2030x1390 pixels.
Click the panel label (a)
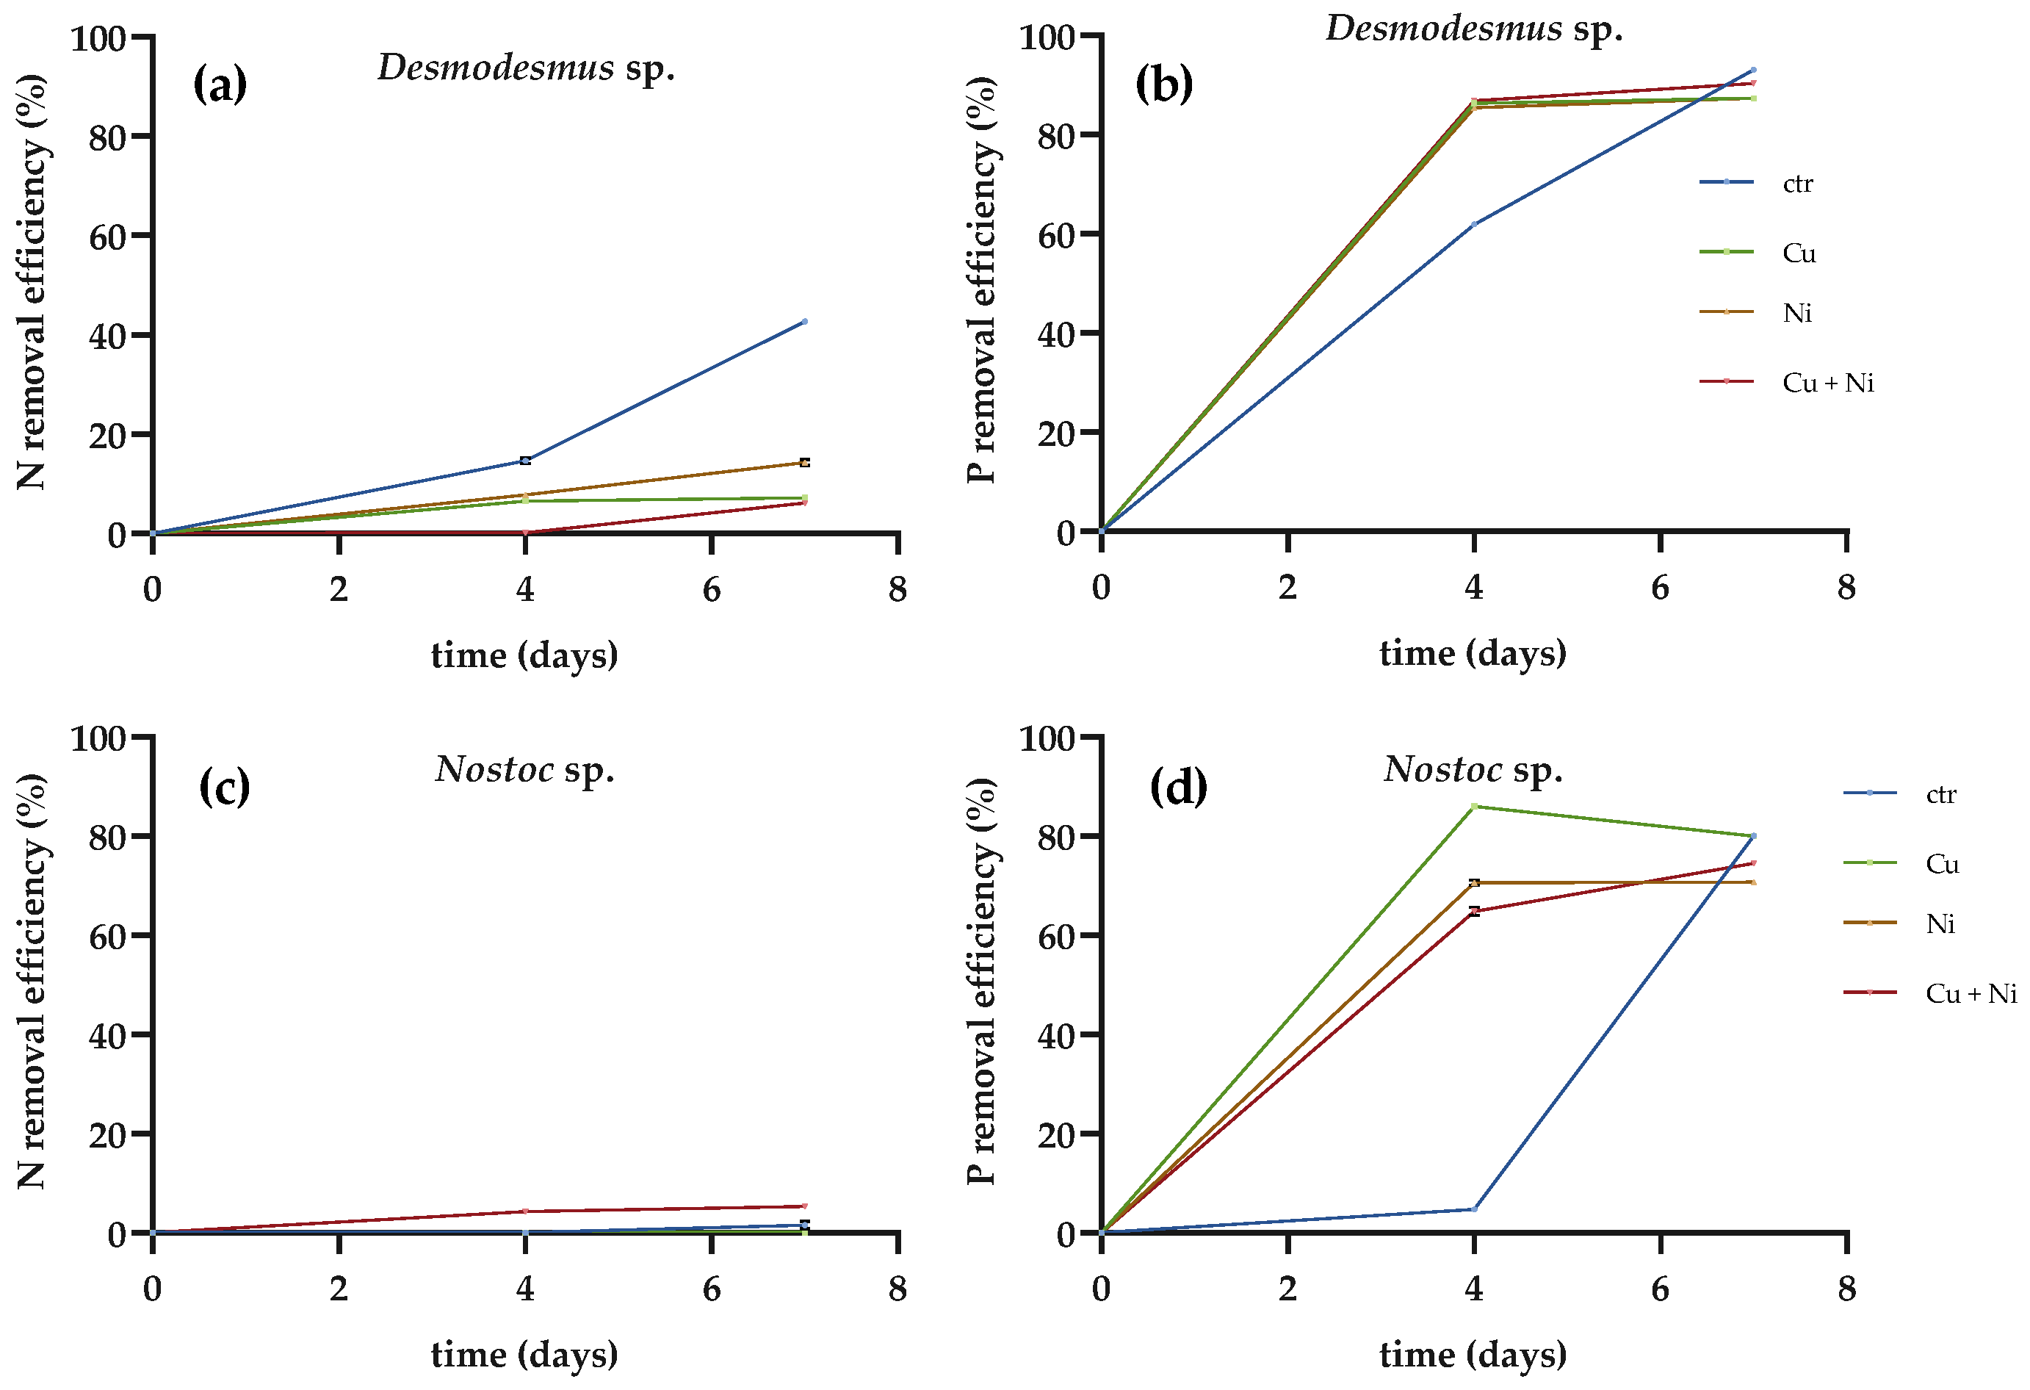pyautogui.click(x=220, y=84)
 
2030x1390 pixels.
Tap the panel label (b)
pyautogui.click(x=1164, y=84)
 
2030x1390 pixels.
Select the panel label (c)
pyautogui.click(x=225, y=787)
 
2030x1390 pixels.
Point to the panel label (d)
pyautogui.click(x=1178, y=787)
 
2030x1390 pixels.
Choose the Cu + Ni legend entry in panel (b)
pyautogui.click(x=1786, y=382)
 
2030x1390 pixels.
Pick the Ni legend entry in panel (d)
pyautogui.click(x=1900, y=923)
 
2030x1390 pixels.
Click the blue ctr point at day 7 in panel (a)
pyautogui.click(x=804, y=322)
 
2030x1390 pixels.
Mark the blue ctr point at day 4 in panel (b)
pyautogui.click(x=1473, y=225)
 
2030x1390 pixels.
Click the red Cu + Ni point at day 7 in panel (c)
pyautogui.click(x=804, y=1206)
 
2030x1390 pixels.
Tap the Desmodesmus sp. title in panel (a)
pyautogui.click(x=526, y=68)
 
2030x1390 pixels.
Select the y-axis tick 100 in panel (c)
pyautogui.click(x=98, y=738)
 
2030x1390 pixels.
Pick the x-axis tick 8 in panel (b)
pyautogui.click(x=1846, y=587)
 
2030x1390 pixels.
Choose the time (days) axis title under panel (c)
pyautogui.click(x=524, y=1355)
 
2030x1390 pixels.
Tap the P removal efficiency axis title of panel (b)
pyautogui.click(x=982, y=280)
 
